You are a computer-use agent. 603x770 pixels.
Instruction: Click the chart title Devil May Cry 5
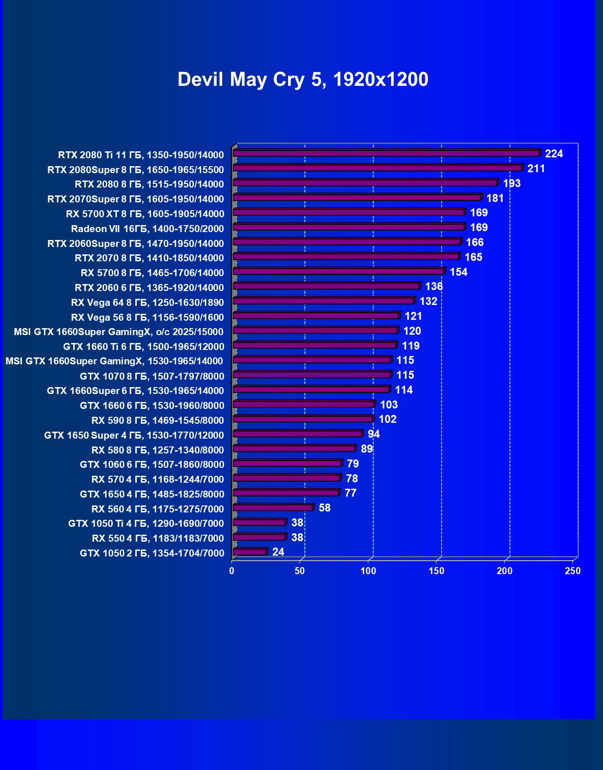point(302,79)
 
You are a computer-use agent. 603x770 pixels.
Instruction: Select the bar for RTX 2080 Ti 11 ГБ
point(386,153)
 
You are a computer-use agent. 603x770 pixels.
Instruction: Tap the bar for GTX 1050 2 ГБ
point(250,552)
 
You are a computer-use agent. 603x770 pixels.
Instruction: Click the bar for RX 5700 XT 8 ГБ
point(348,213)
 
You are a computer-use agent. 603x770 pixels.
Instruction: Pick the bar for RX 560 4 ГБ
point(273,508)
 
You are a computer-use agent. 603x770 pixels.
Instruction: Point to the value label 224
point(554,154)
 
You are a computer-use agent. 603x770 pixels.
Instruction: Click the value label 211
point(536,168)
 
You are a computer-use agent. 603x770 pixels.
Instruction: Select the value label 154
point(458,272)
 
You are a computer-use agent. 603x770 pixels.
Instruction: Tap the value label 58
point(325,508)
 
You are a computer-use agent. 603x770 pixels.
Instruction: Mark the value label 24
point(278,552)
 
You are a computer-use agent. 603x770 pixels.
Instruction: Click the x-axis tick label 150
point(436,571)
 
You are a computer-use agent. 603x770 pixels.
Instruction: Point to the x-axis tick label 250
point(573,571)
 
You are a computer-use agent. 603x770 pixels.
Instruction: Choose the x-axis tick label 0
point(232,571)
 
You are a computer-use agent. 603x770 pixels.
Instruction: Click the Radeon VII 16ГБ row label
point(148,228)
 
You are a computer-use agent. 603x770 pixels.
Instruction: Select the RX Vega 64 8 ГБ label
point(148,302)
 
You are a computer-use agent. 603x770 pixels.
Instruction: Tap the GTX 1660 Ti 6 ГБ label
point(144,346)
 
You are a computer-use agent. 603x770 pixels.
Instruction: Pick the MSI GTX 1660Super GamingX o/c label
point(119,331)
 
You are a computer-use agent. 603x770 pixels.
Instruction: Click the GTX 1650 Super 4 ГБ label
point(134,435)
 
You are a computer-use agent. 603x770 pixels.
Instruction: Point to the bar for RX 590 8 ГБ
point(302,419)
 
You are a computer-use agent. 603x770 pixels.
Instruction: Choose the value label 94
point(373,434)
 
